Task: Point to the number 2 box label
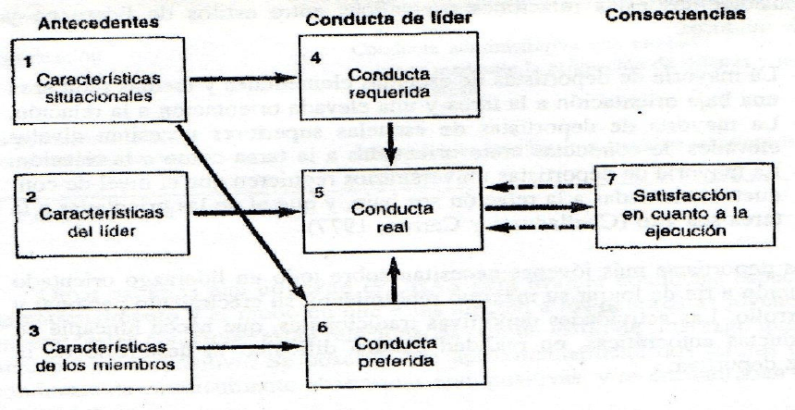30,197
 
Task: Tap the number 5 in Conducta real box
319,195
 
